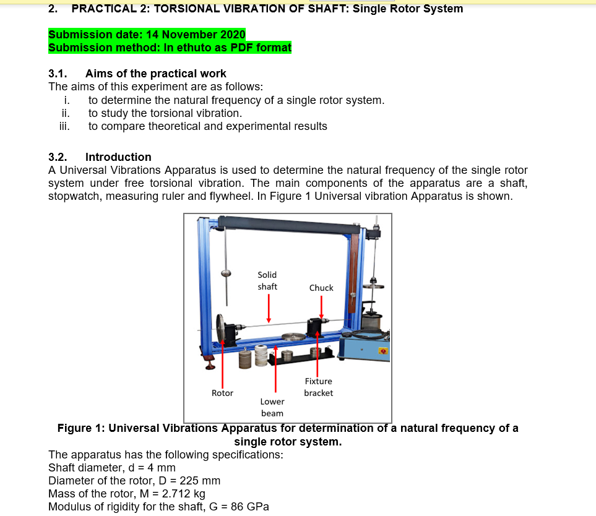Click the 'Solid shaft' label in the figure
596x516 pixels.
pos(267,280)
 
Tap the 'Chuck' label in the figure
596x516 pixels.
pos(321,288)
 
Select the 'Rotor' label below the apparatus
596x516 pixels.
pos(222,393)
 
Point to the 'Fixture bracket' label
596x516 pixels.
pos(318,387)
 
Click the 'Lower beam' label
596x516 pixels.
pos(272,407)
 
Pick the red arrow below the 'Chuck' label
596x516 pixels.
pos(321,305)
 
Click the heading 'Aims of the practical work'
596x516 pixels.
pos(155,74)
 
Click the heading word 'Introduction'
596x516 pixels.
pos(118,157)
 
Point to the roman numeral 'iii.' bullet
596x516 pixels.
pos(64,126)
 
